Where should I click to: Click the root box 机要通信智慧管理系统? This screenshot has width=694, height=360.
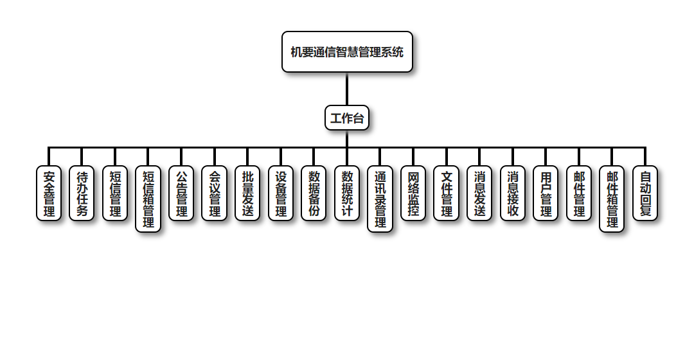pyautogui.click(x=347, y=52)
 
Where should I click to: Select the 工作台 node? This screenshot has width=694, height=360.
pyautogui.click(x=347, y=118)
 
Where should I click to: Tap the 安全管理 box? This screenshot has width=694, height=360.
pyautogui.click(x=49, y=194)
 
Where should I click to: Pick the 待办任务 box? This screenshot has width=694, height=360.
pyautogui.click(x=82, y=194)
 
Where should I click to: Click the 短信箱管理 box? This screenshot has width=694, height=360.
pyautogui.click(x=148, y=199)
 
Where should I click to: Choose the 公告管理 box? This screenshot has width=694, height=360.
pyautogui.click(x=182, y=194)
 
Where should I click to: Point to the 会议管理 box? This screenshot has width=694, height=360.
pyautogui.click(x=215, y=194)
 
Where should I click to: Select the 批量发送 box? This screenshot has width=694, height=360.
pyautogui.click(x=248, y=194)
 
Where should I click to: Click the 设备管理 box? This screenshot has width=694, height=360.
pyautogui.click(x=281, y=194)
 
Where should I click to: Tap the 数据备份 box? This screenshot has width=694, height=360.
pyautogui.click(x=314, y=194)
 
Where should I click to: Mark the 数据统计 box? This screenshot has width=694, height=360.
pyautogui.click(x=348, y=194)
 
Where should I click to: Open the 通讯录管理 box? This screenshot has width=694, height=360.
pyautogui.click(x=380, y=199)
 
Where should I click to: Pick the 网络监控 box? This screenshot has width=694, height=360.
pyautogui.click(x=413, y=194)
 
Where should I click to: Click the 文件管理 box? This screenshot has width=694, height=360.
pyautogui.click(x=447, y=194)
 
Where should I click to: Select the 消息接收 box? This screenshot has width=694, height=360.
pyautogui.click(x=513, y=194)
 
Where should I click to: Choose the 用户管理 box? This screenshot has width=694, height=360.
pyautogui.click(x=546, y=194)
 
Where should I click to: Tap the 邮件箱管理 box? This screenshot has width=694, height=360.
pyautogui.click(x=612, y=199)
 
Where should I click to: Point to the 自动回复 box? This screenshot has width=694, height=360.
pyautogui.click(x=645, y=194)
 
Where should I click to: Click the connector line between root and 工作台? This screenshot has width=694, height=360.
pyautogui.click(x=347, y=89)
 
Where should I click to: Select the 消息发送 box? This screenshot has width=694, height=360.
pyautogui.click(x=479, y=194)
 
